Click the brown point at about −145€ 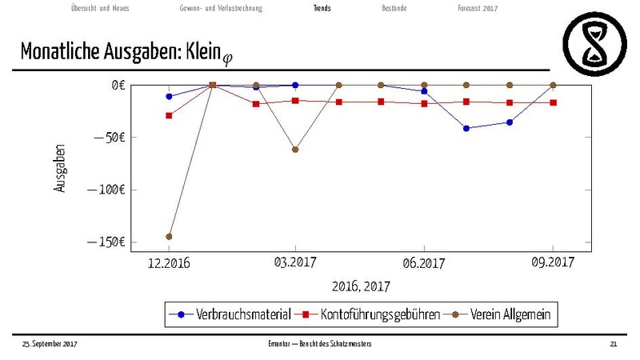coord(169,237)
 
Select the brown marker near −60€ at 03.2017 coord(295,150)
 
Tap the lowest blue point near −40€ coord(466,128)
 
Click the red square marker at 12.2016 coord(169,115)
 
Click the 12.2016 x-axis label coord(169,263)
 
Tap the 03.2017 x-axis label coord(295,263)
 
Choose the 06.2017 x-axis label coord(423,263)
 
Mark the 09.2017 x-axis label coord(553,263)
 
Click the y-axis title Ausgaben coord(61,167)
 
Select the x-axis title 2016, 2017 coord(360,286)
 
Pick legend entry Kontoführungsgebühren coord(379,314)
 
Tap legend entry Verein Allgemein coord(510,314)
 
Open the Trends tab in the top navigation coord(322,9)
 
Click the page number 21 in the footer coord(613,343)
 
